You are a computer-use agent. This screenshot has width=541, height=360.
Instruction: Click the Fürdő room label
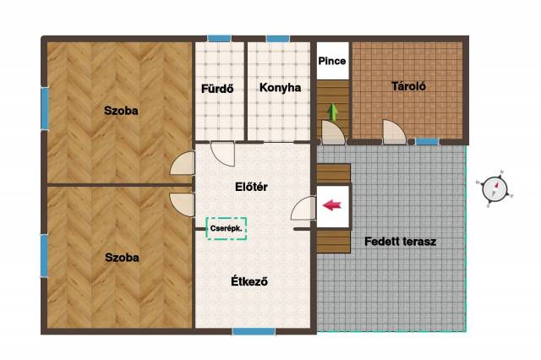217,89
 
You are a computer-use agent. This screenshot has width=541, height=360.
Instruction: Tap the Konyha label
280,88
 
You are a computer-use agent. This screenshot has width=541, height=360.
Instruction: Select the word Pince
332,61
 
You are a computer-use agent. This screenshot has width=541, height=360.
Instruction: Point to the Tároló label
408,86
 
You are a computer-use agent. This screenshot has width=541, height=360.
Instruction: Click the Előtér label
251,187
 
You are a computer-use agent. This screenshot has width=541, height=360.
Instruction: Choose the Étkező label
249,281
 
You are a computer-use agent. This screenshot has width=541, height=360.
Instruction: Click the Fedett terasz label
400,242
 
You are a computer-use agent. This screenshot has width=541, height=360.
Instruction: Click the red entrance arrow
332,205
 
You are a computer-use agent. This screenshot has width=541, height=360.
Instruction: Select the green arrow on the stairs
332,112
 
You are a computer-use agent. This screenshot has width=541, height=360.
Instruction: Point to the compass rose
495,189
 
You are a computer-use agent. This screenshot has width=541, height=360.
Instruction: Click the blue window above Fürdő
219,38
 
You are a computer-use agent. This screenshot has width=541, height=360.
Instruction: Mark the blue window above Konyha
278,38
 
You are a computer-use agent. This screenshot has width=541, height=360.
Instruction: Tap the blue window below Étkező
254,331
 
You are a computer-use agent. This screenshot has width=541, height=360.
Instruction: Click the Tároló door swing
394,132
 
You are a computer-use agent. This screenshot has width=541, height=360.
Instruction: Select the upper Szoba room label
121,111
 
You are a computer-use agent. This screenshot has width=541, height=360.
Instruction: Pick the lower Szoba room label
122,258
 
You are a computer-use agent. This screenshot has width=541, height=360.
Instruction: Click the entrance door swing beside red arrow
303,208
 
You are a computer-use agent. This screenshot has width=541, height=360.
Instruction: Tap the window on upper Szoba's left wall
45,108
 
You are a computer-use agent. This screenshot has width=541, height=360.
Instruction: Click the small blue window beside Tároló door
427,141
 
